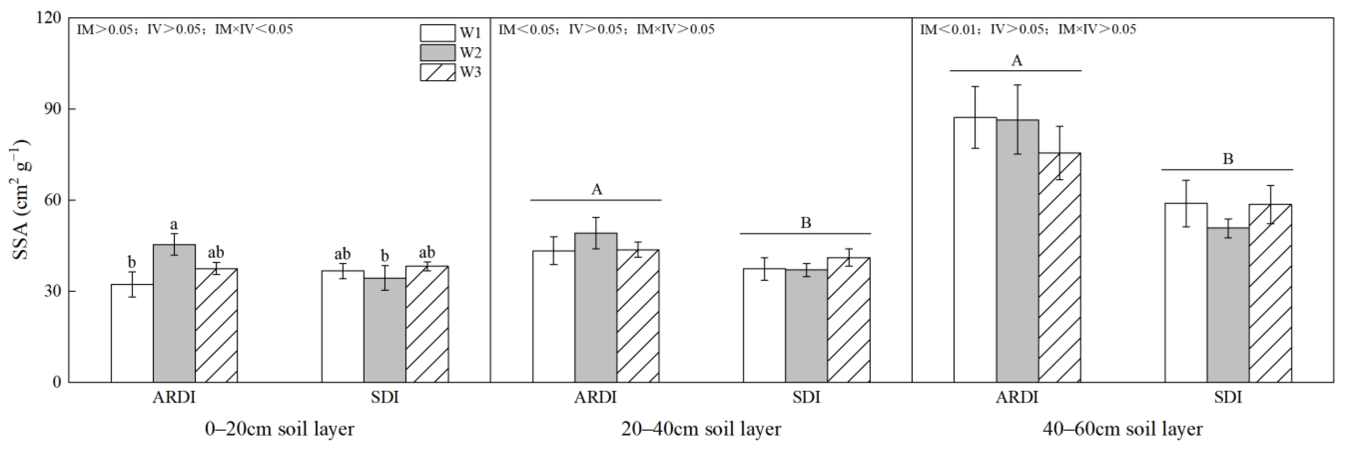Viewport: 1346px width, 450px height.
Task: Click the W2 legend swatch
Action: click(437, 53)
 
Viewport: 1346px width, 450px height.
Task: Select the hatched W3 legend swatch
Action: click(437, 72)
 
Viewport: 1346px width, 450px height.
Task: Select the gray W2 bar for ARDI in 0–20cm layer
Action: click(174, 313)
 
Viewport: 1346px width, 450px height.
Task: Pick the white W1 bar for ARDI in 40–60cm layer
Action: click(975, 251)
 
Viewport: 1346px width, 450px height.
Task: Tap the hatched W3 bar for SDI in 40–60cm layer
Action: click(1270, 292)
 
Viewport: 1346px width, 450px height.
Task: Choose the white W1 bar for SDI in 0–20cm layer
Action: click(343, 326)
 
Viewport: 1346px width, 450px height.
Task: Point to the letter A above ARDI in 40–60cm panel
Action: click(1017, 61)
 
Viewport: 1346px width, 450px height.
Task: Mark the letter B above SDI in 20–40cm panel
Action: click(806, 224)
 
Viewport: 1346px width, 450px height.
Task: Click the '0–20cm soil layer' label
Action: click(280, 429)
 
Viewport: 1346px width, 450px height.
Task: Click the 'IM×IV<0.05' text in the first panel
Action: click(254, 29)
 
